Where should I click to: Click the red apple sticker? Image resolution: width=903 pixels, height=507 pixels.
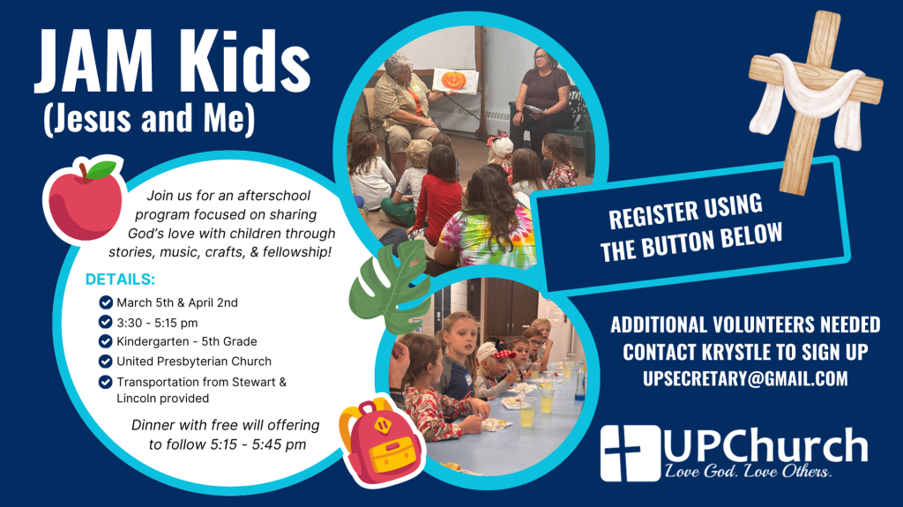(x=86, y=199)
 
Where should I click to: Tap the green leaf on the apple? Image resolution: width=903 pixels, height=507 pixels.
(x=101, y=169)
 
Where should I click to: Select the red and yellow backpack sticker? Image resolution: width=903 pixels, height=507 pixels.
(x=381, y=442)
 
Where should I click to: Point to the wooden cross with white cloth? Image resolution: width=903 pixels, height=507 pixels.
(x=815, y=101)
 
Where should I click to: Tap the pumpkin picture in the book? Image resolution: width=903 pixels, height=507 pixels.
(x=453, y=80)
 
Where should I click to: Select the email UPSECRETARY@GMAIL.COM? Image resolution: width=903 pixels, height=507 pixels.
(x=745, y=378)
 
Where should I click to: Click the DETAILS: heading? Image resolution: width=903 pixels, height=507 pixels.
(x=120, y=280)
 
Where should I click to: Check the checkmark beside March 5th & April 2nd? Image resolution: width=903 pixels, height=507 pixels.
(x=106, y=302)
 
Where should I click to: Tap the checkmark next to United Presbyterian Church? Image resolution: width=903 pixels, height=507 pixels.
(x=106, y=362)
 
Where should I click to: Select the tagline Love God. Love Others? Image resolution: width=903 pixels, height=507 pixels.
(x=748, y=471)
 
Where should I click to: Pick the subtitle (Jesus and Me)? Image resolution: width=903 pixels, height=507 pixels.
(x=149, y=119)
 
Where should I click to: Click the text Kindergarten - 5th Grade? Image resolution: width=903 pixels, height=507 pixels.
(x=187, y=341)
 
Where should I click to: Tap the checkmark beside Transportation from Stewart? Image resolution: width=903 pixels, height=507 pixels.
(x=106, y=382)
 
